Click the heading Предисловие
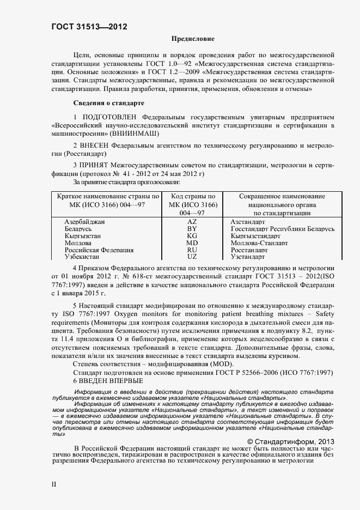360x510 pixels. (x=193, y=39)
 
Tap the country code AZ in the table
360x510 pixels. (x=192, y=222)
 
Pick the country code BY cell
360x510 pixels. (x=192, y=229)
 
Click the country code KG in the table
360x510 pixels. (x=192, y=236)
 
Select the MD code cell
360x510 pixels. (x=192, y=243)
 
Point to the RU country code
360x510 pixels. (x=192, y=250)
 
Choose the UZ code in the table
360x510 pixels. (x=192, y=257)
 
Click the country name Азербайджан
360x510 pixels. (x=84, y=222)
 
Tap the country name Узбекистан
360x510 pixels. (x=83, y=257)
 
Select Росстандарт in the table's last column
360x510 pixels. (x=249, y=250)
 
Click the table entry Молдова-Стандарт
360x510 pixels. (x=259, y=243)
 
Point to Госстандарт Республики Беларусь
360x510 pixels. (x=282, y=229)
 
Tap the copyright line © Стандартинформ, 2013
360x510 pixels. (x=290, y=441)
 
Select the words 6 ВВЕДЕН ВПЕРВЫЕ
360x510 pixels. (x=108, y=381)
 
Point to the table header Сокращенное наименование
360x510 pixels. (x=282, y=196)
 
